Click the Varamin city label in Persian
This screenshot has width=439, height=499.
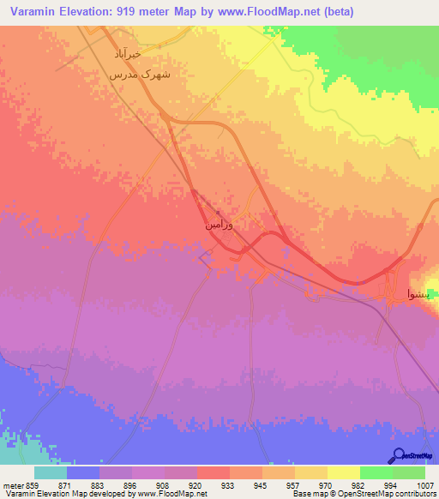[x=219, y=224]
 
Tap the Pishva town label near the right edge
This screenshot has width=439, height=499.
[x=421, y=294]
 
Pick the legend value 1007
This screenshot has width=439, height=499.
[x=426, y=485]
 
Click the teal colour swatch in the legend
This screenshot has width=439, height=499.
[x=51, y=472]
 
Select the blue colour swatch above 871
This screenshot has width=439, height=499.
[x=83, y=472]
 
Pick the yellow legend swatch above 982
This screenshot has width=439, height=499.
[x=344, y=472]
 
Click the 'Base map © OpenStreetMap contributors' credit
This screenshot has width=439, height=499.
[x=362, y=495]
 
